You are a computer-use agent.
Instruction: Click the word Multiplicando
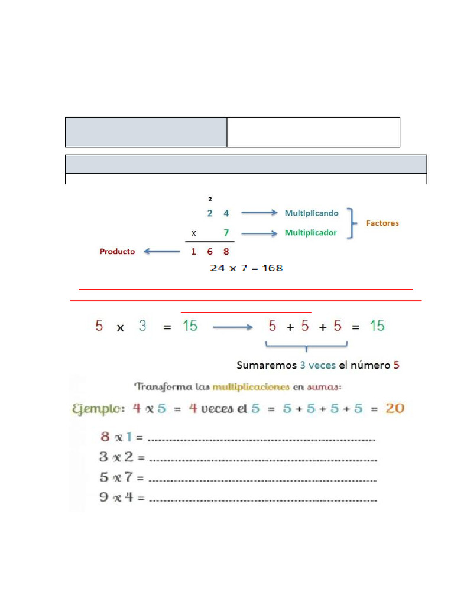point(312,213)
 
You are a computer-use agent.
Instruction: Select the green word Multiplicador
point(311,233)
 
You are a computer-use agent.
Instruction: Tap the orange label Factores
point(382,223)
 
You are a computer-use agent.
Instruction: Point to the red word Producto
point(118,252)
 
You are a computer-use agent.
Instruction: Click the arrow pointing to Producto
point(162,252)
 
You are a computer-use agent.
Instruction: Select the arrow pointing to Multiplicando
point(260,213)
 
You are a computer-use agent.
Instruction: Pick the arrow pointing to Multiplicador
point(260,233)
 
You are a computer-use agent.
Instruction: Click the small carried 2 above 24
point(210,199)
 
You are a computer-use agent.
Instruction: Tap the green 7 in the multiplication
point(226,233)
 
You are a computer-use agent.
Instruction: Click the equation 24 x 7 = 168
point(247,268)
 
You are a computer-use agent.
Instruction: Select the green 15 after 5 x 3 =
point(190,326)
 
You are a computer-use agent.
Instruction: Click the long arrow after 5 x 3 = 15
point(233,327)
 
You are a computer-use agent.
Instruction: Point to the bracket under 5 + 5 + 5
point(307,345)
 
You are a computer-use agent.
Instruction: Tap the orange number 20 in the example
point(395,408)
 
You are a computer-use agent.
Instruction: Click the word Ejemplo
point(99,409)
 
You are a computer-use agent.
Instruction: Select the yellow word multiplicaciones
point(251,386)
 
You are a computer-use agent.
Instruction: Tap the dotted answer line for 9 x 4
point(263,501)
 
